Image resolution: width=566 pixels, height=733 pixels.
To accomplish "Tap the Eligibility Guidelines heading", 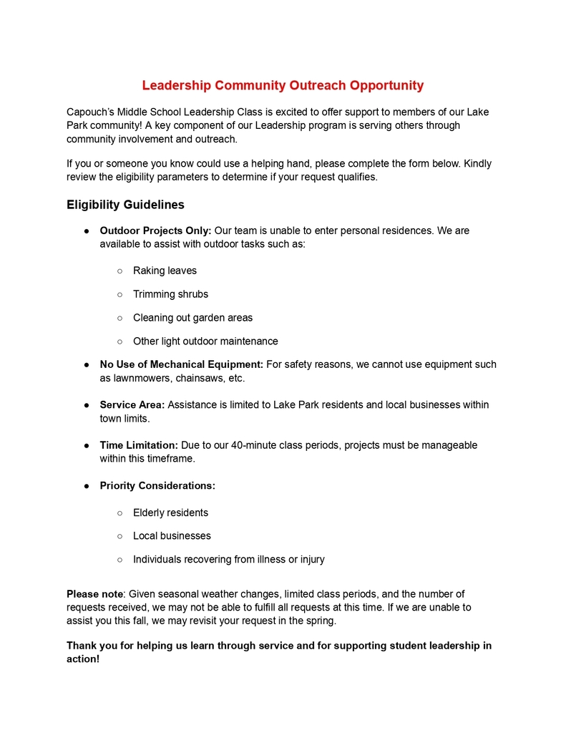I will pyautogui.click(x=125, y=205).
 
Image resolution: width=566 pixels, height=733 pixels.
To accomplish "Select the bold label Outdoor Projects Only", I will pyautogui.click(x=155, y=230).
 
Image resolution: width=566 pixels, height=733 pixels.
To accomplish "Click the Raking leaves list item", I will pyautogui.click(x=165, y=271).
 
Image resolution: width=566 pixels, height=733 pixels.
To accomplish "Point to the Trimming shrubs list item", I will pyautogui.click(x=170, y=294).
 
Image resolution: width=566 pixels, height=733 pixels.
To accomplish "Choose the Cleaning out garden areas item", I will pyautogui.click(x=192, y=318).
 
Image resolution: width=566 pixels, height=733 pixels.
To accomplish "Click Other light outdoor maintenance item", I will pyautogui.click(x=205, y=341).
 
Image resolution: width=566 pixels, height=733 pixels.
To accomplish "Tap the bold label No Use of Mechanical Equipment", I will pyautogui.click(x=181, y=364).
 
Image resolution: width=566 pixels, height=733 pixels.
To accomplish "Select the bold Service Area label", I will pyautogui.click(x=132, y=404).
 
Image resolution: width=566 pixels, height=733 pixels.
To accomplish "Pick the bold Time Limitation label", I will pyautogui.click(x=139, y=445).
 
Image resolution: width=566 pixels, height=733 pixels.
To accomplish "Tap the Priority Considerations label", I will pyautogui.click(x=157, y=485).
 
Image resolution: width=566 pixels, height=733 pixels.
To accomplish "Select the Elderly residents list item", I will pyautogui.click(x=170, y=513).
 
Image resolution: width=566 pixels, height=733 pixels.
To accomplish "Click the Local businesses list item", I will pyautogui.click(x=172, y=535).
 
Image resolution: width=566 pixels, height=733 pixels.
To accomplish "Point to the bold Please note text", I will pyautogui.click(x=94, y=593).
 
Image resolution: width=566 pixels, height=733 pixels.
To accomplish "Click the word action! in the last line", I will pyautogui.click(x=83, y=659).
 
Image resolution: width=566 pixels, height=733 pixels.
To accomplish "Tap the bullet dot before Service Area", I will pyautogui.click(x=87, y=405).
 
